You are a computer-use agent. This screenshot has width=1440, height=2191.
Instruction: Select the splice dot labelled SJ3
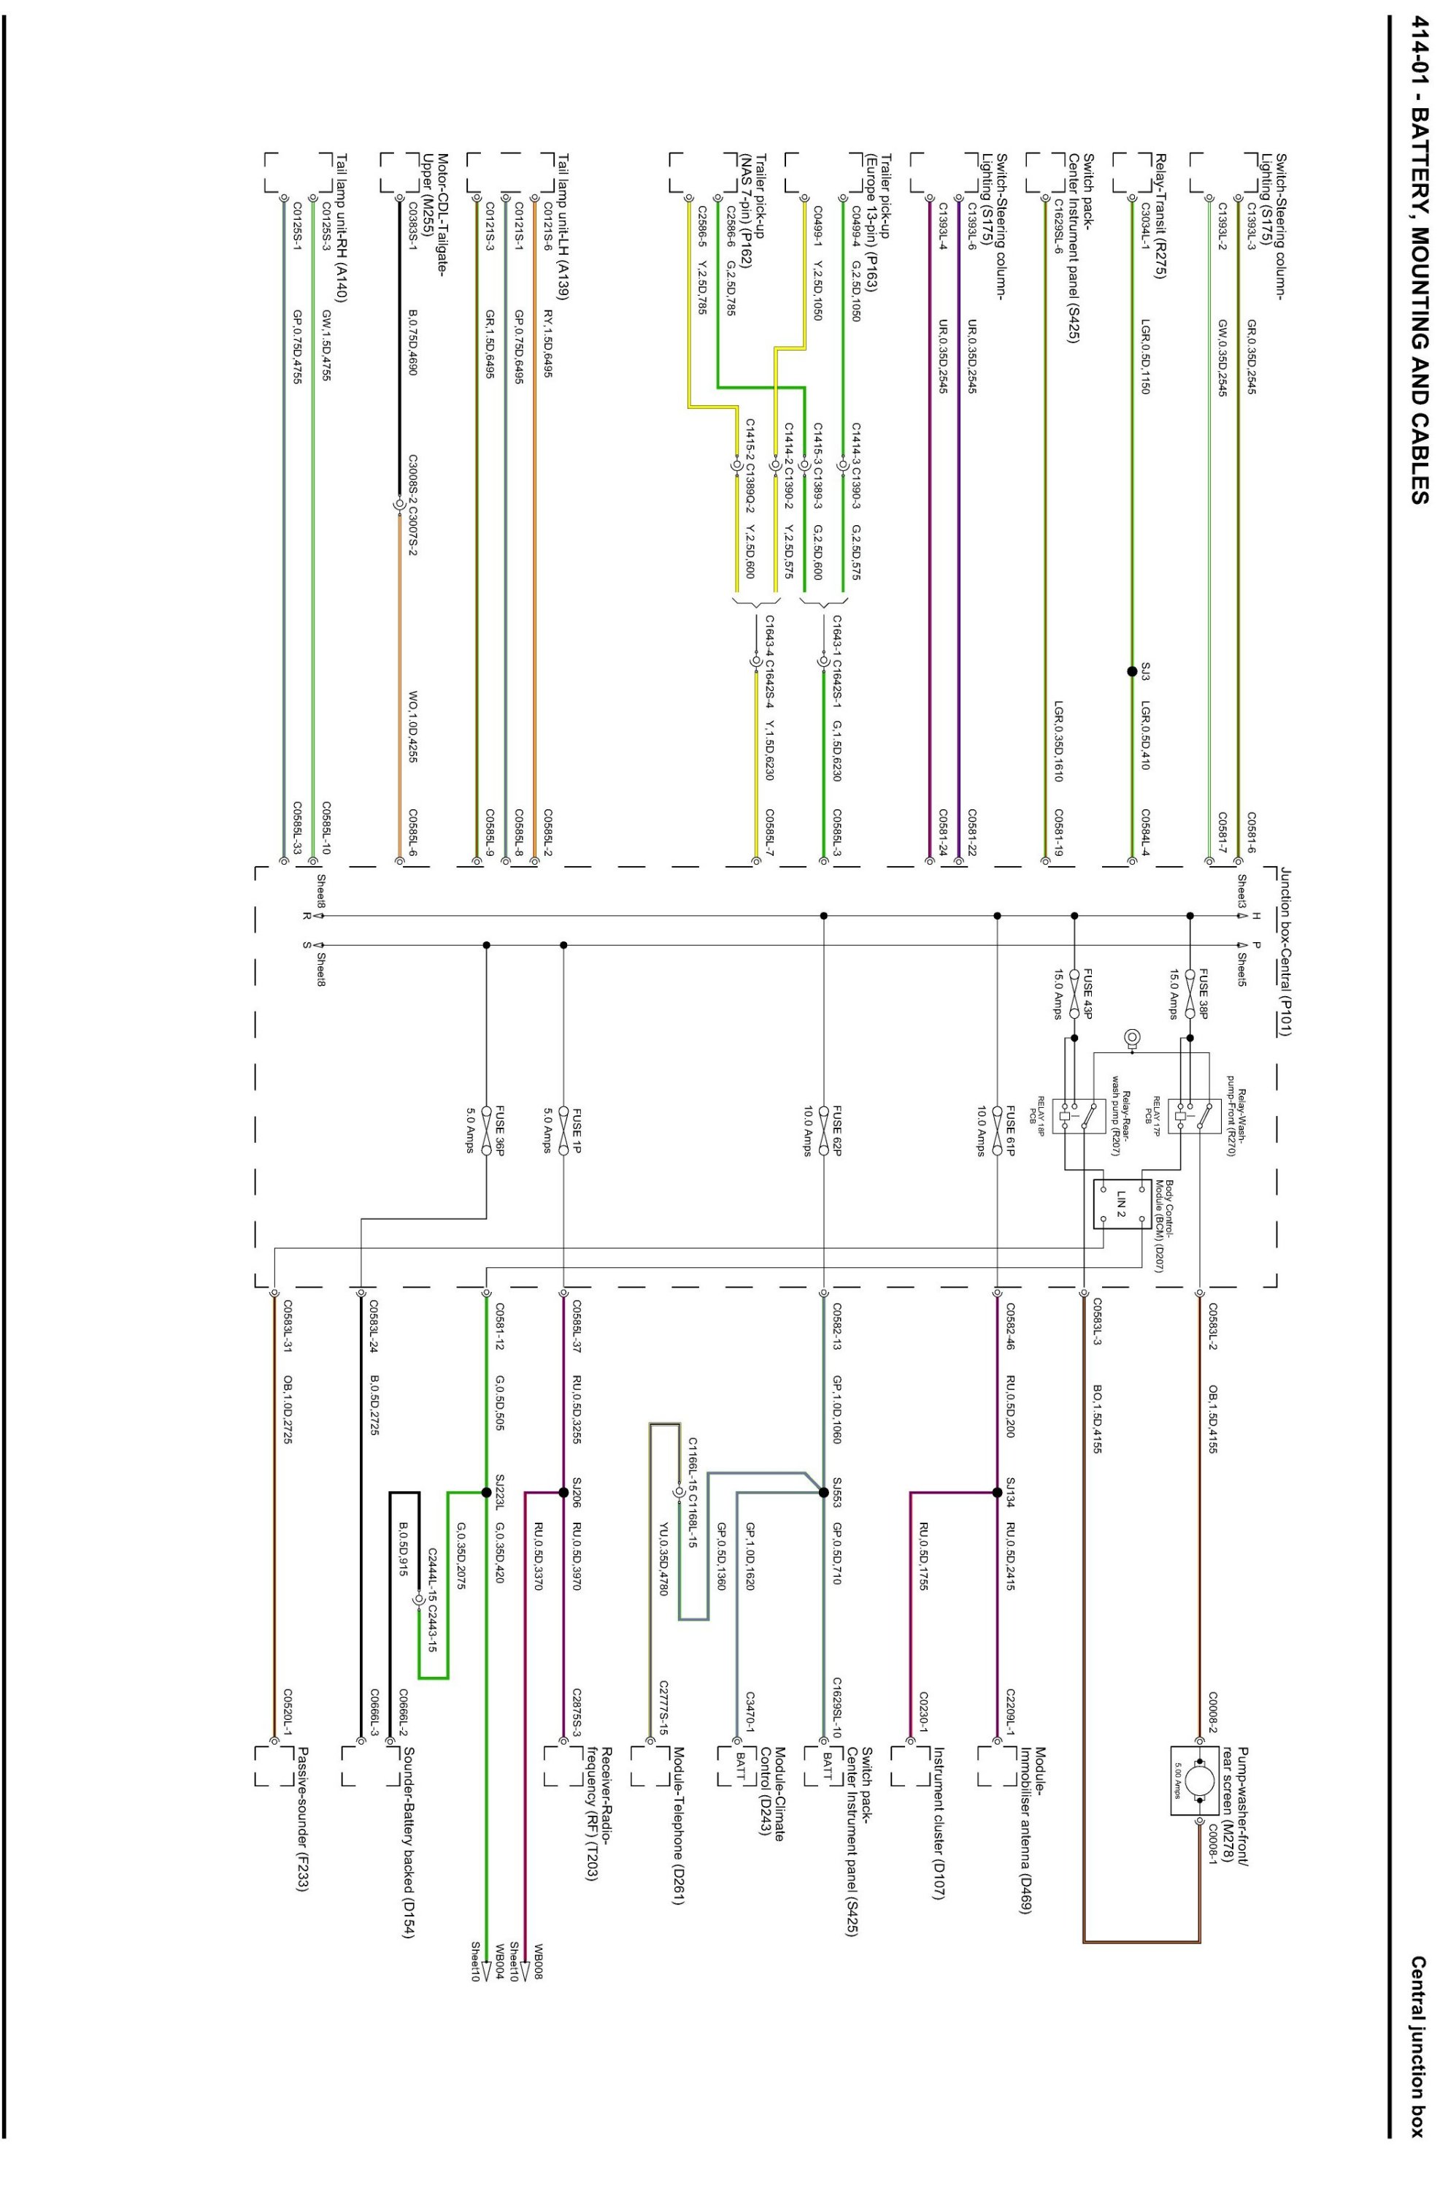pos(1132,671)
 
